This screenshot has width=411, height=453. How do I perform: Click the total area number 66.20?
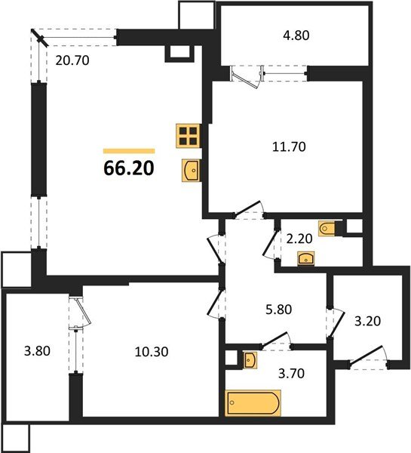click(x=129, y=168)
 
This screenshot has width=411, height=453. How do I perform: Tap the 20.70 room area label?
click(x=72, y=60)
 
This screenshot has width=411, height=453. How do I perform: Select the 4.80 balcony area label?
click(x=296, y=35)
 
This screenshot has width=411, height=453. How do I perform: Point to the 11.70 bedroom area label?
click(x=289, y=146)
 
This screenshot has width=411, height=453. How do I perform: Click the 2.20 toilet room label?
click(x=299, y=239)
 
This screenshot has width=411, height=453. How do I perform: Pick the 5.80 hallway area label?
click(x=279, y=310)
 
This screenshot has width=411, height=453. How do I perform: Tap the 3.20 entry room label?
click(x=368, y=321)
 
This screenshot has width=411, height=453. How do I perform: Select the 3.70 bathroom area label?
click(x=291, y=374)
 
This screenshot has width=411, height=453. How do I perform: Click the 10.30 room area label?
click(x=152, y=352)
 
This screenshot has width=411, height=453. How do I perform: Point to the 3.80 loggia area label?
click(x=37, y=351)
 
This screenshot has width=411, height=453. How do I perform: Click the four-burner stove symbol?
click(x=189, y=136)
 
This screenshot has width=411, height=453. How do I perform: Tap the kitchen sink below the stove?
click(x=191, y=171)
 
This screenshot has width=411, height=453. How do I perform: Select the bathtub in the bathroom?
click(x=253, y=402)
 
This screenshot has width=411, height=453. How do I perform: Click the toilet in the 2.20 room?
click(x=327, y=229)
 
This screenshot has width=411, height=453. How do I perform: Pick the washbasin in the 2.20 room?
click(x=306, y=258)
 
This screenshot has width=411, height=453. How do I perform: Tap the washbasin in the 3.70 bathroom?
click(x=250, y=360)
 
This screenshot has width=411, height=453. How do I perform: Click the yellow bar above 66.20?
click(x=129, y=151)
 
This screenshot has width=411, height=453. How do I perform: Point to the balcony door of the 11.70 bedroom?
click(x=246, y=77)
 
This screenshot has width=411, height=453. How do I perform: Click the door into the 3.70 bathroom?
click(x=277, y=341)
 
